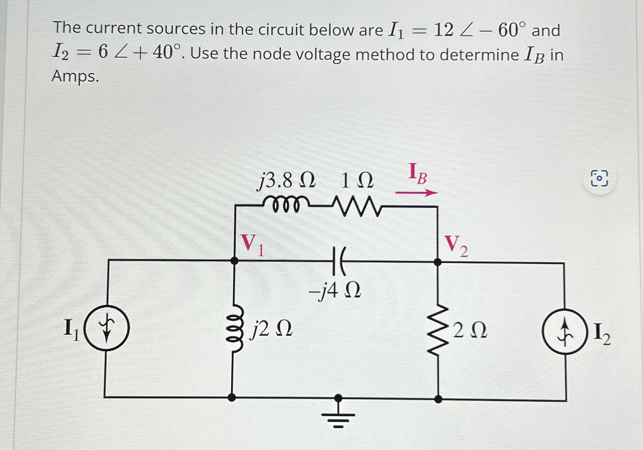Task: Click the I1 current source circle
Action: click(x=107, y=328)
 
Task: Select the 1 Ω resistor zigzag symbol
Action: click(x=357, y=206)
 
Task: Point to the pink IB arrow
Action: click(x=417, y=193)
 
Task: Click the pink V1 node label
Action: click(x=252, y=244)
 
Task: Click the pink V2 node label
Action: click(x=456, y=245)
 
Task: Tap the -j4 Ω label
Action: click(x=335, y=291)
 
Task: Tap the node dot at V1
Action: click(x=235, y=260)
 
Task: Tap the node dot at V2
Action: click(x=438, y=262)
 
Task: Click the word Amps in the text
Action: click(x=75, y=76)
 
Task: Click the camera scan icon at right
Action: click(x=599, y=179)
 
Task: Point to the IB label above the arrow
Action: click(x=418, y=174)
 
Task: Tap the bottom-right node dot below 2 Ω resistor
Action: click(x=439, y=399)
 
